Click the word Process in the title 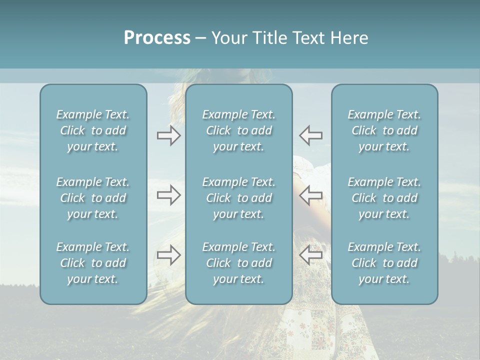point(157,38)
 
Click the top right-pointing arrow point(168,135)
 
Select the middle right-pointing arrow point(168,195)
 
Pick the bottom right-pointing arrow point(168,255)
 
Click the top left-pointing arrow point(311,135)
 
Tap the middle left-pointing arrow point(311,195)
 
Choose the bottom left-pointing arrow point(311,255)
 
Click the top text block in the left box point(93,130)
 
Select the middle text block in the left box point(93,198)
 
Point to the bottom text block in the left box point(93,263)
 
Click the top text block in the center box point(238,130)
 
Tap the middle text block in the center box point(238,198)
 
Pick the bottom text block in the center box point(238,263)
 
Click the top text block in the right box point(384,130)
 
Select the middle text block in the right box point(384,198)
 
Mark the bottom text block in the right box point(384,263)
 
